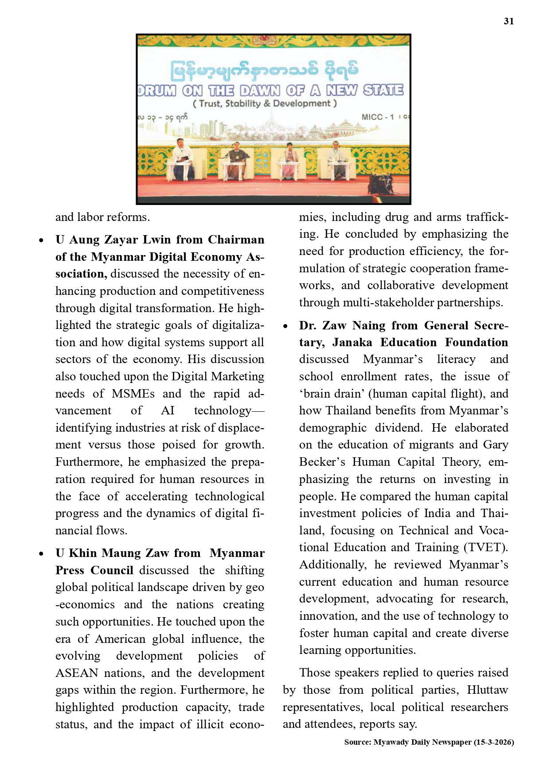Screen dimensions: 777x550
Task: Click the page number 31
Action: coord(508,21)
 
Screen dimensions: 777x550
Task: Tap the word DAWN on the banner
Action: coord(260,90)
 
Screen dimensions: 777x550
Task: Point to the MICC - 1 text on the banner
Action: coord(378,117)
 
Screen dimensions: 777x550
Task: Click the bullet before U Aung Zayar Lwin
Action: coord(41,240)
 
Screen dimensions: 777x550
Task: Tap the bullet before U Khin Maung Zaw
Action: coord(41,554)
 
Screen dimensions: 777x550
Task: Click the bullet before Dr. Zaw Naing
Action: coord(285,326)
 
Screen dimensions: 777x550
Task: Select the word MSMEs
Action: coord(133,394)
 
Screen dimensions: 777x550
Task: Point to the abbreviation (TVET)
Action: coord(485,547)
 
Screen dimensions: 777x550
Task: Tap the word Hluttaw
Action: coord(487,690)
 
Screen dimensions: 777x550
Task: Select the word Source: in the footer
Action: coord(357,742)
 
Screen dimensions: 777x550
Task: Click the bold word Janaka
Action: coord(352,342)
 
